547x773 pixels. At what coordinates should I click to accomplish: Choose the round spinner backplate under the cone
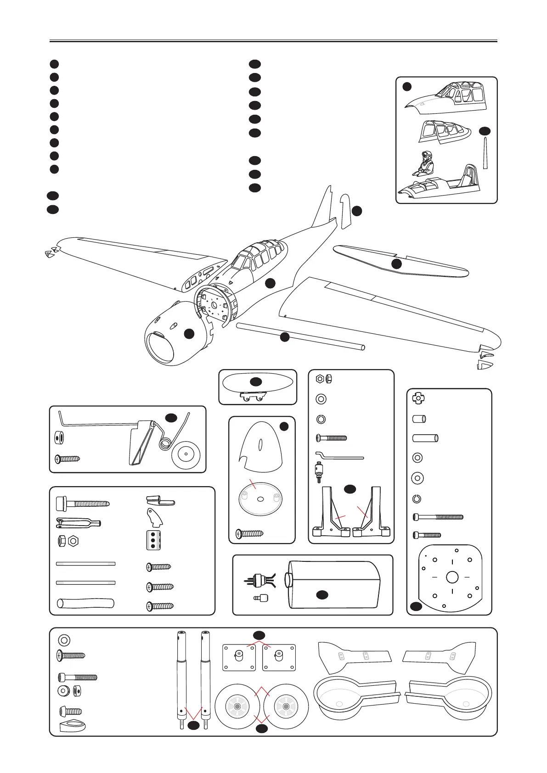click(x=260, y=500)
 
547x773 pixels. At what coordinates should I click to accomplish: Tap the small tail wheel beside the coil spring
click(x=186, y=454)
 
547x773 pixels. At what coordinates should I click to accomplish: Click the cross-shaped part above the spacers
click(x=418, y=398)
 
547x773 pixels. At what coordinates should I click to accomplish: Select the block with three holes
click(x=153, y=540)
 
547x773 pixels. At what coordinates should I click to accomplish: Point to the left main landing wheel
click(x=237, y=707)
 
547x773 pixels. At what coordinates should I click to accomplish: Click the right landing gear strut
click(x=205, y=679)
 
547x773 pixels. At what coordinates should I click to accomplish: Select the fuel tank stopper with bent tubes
click(x=259, y=581)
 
